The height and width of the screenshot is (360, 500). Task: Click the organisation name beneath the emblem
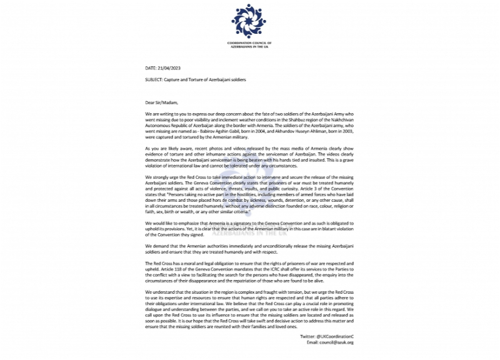[249, 44]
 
